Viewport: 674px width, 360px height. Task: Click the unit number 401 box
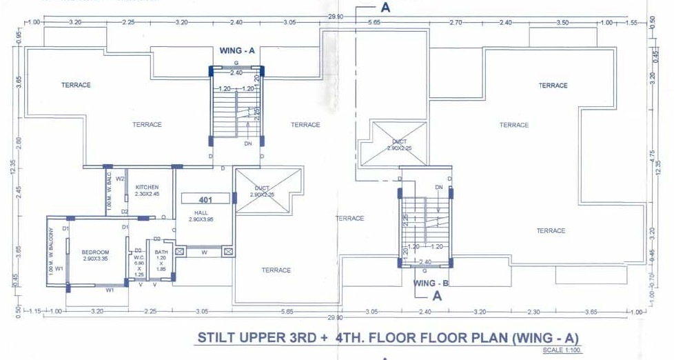(205, 199)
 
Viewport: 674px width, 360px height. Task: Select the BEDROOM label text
(95, 253)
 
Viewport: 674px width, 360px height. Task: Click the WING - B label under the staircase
(432, 283)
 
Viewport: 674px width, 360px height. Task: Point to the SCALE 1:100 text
(562, 351)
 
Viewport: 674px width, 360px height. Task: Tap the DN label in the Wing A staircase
(248, 145)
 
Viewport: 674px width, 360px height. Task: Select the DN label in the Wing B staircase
(438, 188)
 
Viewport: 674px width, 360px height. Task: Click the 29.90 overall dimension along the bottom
(336, 317)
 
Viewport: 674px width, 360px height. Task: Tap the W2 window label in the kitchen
(120, 179)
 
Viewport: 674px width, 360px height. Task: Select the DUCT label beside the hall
(262, 191)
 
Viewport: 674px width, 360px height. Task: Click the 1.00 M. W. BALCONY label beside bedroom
(51, 248)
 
